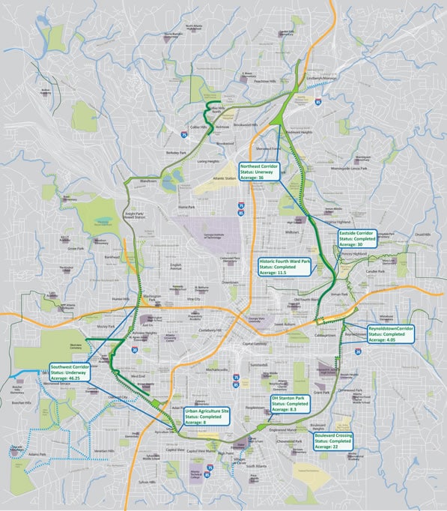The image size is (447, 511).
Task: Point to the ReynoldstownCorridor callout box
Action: point(390,333)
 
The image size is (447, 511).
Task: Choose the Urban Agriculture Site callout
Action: point(206,417)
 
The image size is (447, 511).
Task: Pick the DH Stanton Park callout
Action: point(294,404)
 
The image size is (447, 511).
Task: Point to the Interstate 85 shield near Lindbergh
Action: point(319,100)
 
